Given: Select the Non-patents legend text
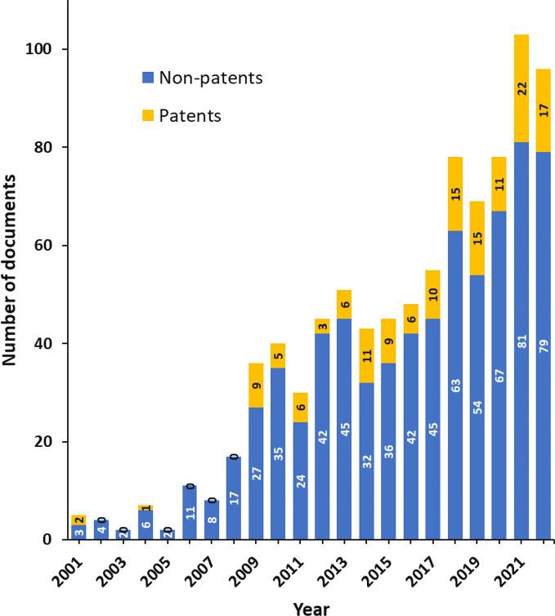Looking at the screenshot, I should [x=210, y=78].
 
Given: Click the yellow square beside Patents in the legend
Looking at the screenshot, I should [x=148, y=115].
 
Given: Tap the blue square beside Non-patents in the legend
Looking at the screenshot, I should [x=148, y=78].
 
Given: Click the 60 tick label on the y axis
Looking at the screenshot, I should [x=44, y=245].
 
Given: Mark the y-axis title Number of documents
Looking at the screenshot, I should [x=11, y=294].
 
